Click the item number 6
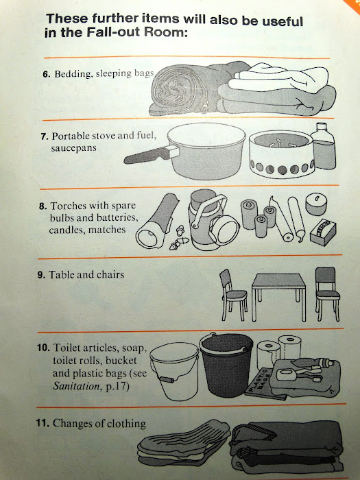[x=46, y=74]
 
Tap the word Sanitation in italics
[x=76, y=386]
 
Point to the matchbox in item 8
[x=323, y=232]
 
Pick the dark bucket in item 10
[x=226, y=364]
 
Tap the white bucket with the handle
[x=174, y=371]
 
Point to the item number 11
[x=43, y=423]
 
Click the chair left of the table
[x=233, y=295]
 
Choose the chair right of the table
[x=327, y=293]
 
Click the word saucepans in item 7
[x=73, y=148]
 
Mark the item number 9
[x=41, y=274]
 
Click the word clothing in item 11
[x=126, y=424]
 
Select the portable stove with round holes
[x=281, y=154]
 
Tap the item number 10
[x=43, y=348]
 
